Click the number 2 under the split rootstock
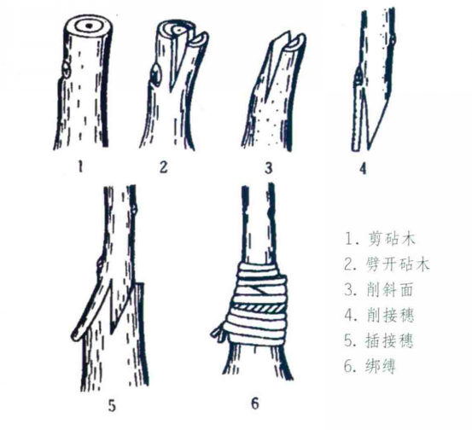164,166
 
